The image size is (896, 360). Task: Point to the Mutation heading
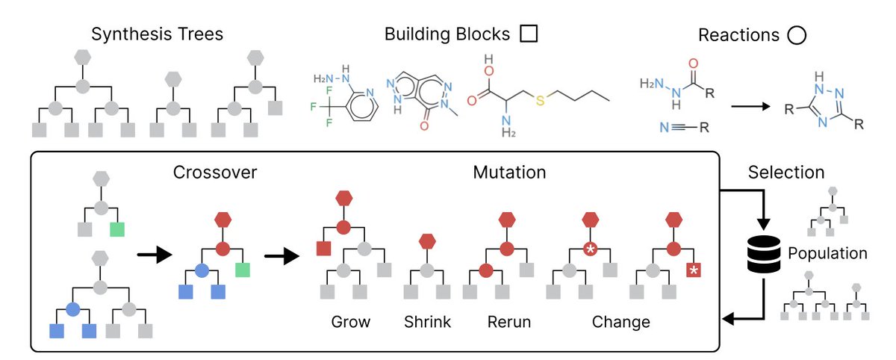point(510,173)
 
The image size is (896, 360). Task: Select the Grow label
point(351,323)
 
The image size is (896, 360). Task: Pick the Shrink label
point(428,323)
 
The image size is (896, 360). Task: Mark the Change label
point(620,323)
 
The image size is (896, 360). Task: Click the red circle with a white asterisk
point(590,249)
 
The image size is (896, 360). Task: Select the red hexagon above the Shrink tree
point(427,240)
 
